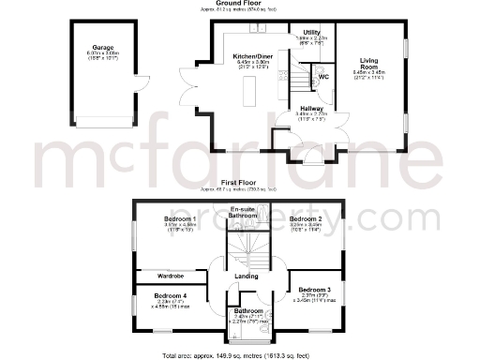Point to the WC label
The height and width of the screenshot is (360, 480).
point(323,76)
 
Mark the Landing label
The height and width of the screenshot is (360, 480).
point(247,276)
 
